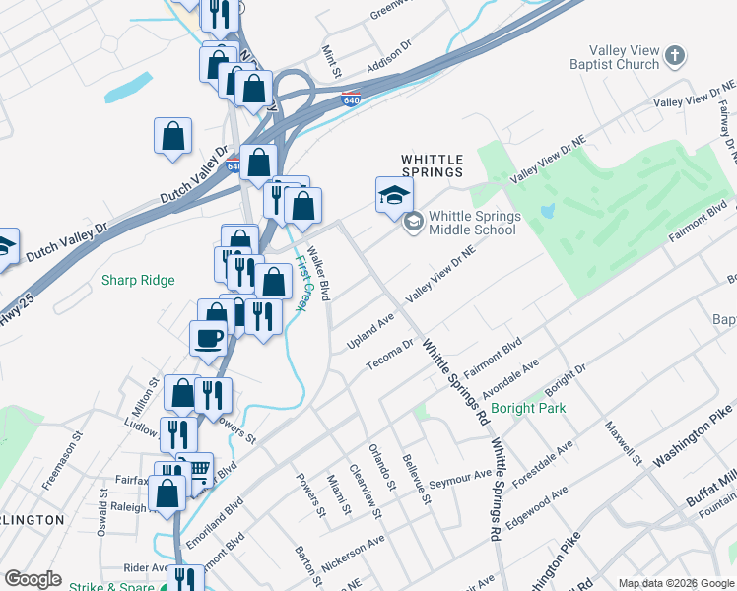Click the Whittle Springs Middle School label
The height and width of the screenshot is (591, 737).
tap(473, 223)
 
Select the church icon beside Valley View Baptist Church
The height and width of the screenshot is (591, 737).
tap(675, 57)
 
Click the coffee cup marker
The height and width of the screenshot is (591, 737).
tap(208, 338)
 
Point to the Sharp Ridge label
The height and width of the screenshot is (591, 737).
tap(138, 281)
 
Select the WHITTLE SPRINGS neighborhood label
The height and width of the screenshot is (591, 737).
tap(433, 164)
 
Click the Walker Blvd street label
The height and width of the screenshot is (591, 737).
tap(318, 273)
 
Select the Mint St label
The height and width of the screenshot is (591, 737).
tap(335, 67)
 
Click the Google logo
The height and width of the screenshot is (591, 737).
tap(33, 579)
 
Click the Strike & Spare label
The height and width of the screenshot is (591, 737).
tap(110, 587)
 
